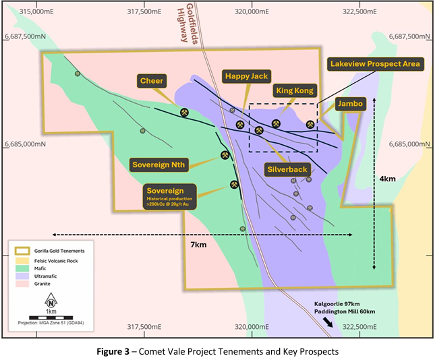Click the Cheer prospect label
click(152, 81)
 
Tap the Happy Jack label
click(246, 77)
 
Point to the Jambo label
click(351, 104)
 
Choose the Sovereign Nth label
click(158, 164)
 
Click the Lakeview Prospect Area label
click(375, 64)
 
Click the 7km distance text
click(198, 245)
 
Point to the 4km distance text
click(388, 179)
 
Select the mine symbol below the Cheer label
click(184, 112)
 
